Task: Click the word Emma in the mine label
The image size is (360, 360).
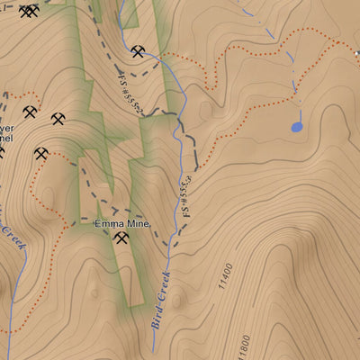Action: [108, 223]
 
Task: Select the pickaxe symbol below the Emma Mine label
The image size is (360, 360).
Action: [121, 238]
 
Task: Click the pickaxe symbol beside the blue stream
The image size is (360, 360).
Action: [137, 52]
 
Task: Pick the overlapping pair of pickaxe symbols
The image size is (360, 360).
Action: [29, 12]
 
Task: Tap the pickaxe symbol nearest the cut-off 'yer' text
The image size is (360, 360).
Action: [30, 113]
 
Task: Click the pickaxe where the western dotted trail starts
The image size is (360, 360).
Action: [41, 153]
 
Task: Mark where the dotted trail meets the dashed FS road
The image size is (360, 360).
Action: [192, 169]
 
